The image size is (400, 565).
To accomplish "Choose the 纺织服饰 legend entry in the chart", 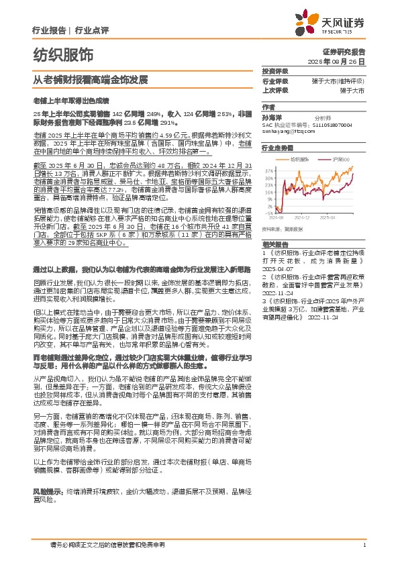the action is point(303,159).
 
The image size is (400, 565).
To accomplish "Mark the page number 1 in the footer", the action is point(364,544).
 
